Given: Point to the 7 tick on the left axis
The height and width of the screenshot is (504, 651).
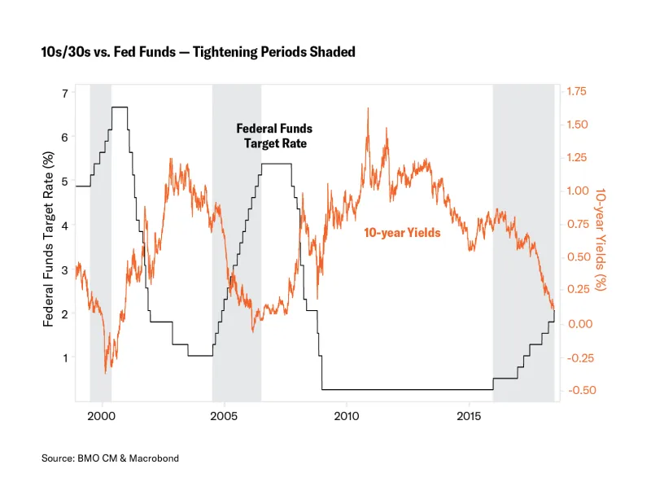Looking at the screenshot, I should (65, 93).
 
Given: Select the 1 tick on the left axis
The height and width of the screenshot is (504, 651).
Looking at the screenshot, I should (65, 357).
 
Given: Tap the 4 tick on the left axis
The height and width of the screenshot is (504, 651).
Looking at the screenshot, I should (65, 225).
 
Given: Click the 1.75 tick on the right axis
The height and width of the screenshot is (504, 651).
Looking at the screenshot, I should (575, 93).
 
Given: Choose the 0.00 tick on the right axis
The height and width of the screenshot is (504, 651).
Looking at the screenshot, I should (575, 324).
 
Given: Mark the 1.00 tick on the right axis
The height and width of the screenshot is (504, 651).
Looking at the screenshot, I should (575, 191).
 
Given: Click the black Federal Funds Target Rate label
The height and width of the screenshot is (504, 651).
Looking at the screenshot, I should (274, 136).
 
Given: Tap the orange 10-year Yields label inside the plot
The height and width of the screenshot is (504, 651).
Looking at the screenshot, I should (402, 233).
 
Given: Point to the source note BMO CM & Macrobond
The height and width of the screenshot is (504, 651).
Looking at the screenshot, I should (110, 458).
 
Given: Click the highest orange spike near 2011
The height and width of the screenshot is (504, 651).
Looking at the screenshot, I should (369, 108).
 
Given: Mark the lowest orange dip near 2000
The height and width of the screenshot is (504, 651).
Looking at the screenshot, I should (106, 373).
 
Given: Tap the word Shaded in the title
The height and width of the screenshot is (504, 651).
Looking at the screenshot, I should (334, 52).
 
